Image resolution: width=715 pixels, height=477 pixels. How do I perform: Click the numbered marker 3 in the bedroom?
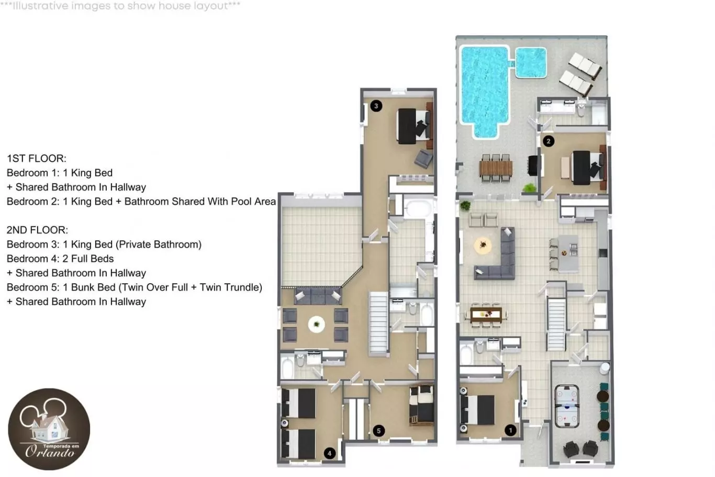pyautogui.click(x=376, y=106)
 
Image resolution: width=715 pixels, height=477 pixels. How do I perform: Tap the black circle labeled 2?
pyautogui.click(x=549, y=141)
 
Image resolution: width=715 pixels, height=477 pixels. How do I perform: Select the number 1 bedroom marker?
pyautogui.click(x=510, y=430)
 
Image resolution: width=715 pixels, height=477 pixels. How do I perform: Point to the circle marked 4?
pyautogui.click(x=329, y=453)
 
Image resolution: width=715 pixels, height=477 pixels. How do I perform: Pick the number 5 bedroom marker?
pyautogui.click(x=378, y=431)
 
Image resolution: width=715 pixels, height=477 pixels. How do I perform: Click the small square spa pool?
pyautogui.click(x=531, y=63)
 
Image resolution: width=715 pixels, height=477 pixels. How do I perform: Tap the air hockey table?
pyautogui.click(x=567, y=406)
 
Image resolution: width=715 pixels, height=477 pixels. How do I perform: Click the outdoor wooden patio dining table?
pyautogui.click(x=496, y=168)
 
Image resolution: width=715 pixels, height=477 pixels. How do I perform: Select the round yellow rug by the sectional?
pyautogui.click(x=483, y=246)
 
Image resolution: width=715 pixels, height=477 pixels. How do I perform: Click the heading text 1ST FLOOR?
pyautogui.click(x=37, y=158)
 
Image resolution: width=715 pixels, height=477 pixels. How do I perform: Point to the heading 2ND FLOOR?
pyautogui.click(x=37, y=230)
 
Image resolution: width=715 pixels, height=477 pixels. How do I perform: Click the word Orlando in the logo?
pyautogui.click(x=50, y=451)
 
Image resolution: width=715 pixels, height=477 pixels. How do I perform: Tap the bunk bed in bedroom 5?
pyautogui.click(x=421, y=405)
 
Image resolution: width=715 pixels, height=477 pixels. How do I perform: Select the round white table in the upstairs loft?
pyautogui.click(x=316, y=325)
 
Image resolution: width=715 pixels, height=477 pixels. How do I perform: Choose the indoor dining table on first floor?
pyautogui.click(x=486, y=315)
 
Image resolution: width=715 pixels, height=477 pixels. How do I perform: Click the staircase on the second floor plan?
pyautogui.click(x=378, y=324)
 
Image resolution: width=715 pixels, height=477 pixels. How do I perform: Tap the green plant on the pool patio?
pyautogui.click(x=529, y=188)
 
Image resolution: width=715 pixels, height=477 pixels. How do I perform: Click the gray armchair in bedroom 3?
pyautogui.click(x=423, y=159)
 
